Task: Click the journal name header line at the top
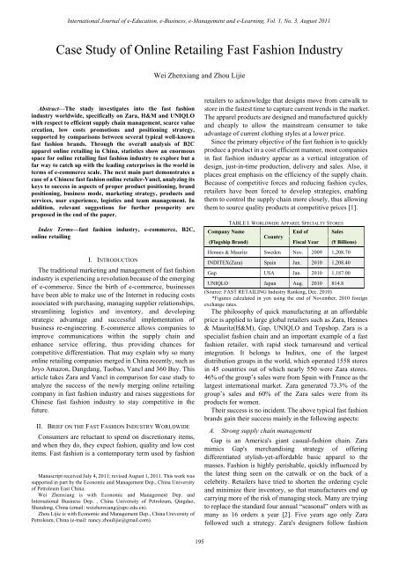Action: (199, 7)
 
